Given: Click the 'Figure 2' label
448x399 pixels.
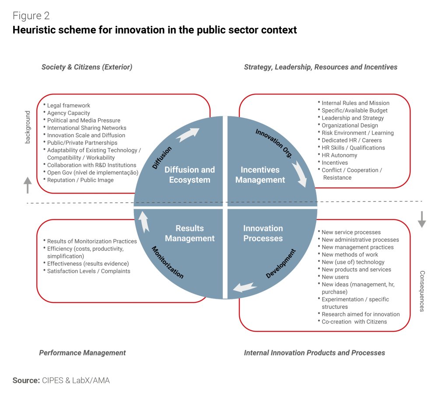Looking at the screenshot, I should tap(31, 16).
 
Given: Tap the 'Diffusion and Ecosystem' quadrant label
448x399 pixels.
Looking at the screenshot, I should tap(189, 175).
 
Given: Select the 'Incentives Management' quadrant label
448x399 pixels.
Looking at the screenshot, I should tap(260, 175).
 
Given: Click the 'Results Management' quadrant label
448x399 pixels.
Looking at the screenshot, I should tap(189, 233).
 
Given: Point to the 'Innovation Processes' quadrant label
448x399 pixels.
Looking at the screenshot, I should tap(263, 233).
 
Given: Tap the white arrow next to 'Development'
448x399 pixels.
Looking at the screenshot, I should tap(245, 287).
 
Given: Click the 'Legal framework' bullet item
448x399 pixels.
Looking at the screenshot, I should tap(68, 105).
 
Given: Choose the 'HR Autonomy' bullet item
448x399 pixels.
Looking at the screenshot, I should tap(339, 155).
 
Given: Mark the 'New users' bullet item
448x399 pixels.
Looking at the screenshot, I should tap(335, 277).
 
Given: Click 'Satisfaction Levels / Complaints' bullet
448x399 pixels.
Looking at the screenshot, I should tap(88, 271).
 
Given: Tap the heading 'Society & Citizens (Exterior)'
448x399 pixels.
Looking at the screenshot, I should tap(87, 67).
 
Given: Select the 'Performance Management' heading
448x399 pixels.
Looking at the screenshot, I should tap(82, 353).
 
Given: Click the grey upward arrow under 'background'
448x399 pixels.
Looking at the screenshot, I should tap(28, 185).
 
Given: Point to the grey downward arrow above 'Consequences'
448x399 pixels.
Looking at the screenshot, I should tap(422, 219).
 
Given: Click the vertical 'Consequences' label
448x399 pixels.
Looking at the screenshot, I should tap(422, 291).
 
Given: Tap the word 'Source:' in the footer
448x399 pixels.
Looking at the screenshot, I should tap(26, 381).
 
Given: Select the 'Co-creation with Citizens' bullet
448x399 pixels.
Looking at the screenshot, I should tap(354, 322).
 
